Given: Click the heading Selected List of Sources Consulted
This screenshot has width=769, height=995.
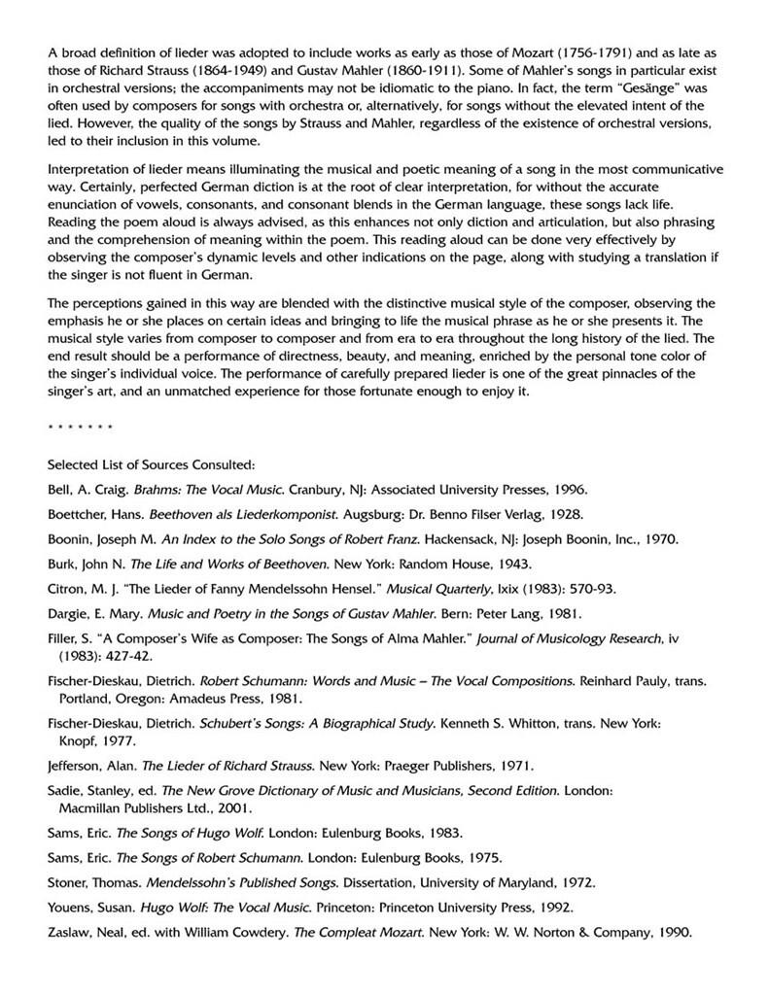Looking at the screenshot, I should (x=152, y=463).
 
